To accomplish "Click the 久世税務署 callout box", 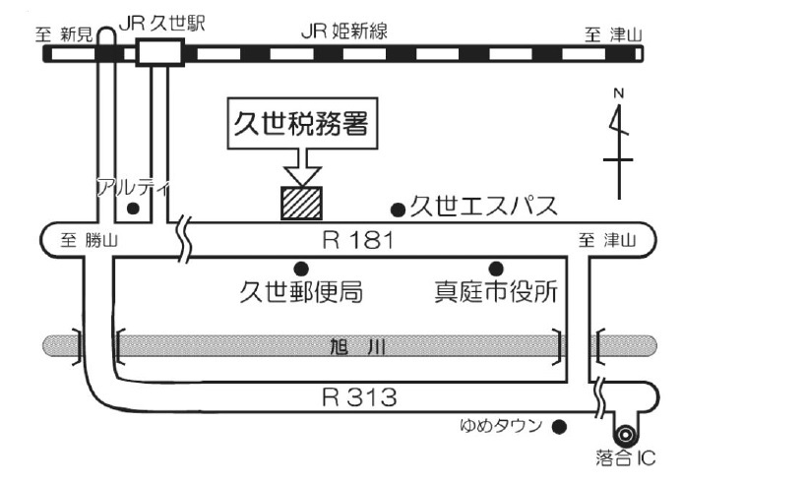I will pos(304,125).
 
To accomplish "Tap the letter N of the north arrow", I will pos(619,93).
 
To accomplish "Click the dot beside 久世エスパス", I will pos(399,209).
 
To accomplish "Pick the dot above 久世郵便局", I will pos(301,268).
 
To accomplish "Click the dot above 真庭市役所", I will pos(496,268).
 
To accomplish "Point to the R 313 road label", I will pos(358,397).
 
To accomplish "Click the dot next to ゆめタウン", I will pos(559,427).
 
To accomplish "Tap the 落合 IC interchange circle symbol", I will pos(624,434).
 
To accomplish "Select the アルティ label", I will pos(133,187).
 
